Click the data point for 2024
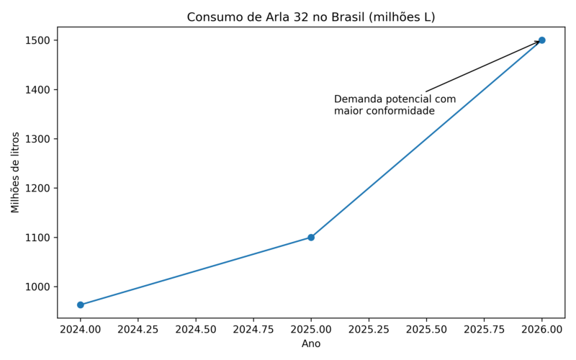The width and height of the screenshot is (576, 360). coord(81,305)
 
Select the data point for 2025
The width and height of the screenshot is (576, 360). coord(311,238)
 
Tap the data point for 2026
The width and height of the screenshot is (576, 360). coord(541,40)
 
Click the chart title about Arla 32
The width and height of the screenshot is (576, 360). coord(311,17)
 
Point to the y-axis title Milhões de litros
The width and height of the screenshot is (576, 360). coord(16,173)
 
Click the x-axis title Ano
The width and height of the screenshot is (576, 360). coord(311,344)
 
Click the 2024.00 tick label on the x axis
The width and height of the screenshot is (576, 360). coord(81,329)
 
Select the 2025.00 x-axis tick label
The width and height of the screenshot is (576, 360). coord(311,329)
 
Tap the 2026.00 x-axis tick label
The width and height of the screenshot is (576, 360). coord(541,329)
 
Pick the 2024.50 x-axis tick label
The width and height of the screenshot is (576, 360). coord(196,329)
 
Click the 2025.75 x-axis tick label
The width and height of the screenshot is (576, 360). coord(484,329)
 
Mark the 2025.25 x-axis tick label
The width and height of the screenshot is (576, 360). coord(369,329)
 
